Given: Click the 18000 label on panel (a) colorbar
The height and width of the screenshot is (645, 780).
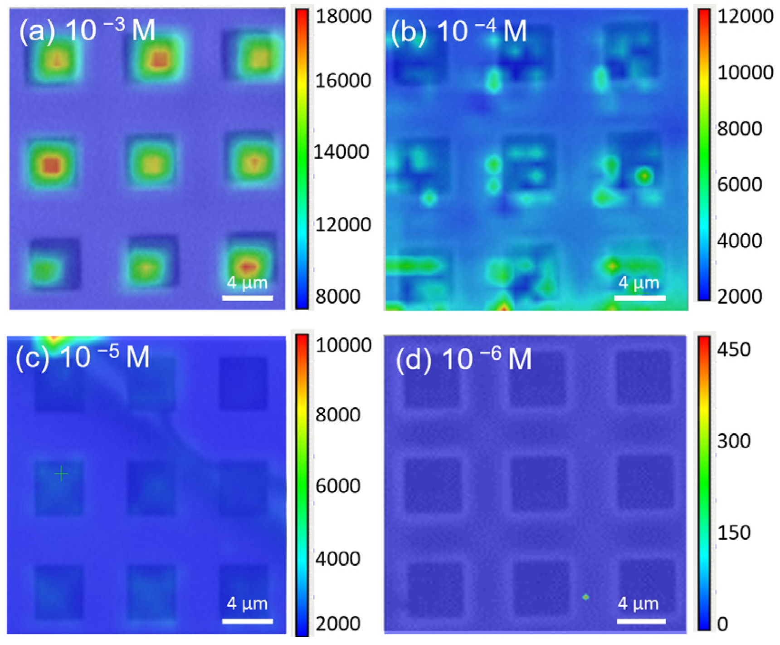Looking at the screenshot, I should [x=343, y=17].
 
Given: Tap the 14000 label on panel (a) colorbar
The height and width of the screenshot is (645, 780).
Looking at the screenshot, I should [x=341, y=152].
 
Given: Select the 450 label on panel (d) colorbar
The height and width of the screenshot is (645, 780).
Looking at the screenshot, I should [x=733, y=350].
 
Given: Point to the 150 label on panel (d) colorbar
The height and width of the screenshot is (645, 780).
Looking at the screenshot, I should [x=733, y=533].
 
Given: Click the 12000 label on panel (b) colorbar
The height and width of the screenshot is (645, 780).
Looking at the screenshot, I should [x=745, y=17].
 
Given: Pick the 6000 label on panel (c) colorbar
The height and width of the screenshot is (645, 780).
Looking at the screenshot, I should [x=337, y=486].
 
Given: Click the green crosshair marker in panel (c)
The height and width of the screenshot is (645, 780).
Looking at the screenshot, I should [x=61, y=474].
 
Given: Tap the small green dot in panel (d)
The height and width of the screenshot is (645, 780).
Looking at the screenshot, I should [x=585, y=597].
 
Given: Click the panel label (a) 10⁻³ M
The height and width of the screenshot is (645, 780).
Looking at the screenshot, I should [x=87, y=31].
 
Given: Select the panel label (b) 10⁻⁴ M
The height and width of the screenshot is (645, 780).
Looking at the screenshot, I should [x=458, y=32].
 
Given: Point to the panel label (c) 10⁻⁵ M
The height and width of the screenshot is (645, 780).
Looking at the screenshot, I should [x=83, y=357].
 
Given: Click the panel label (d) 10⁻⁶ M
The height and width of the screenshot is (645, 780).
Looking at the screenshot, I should [x=463, y=359].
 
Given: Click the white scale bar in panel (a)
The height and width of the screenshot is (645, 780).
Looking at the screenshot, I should [x=247, y=298].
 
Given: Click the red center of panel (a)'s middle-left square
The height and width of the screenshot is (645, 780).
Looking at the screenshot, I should [x=52, y=166].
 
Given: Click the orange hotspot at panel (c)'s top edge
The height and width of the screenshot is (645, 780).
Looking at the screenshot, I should [x=54, y=339].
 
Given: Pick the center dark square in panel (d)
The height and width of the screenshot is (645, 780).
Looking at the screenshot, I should [x=539, y=484].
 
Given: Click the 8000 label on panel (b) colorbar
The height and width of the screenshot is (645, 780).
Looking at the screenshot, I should [x=739, y=129].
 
